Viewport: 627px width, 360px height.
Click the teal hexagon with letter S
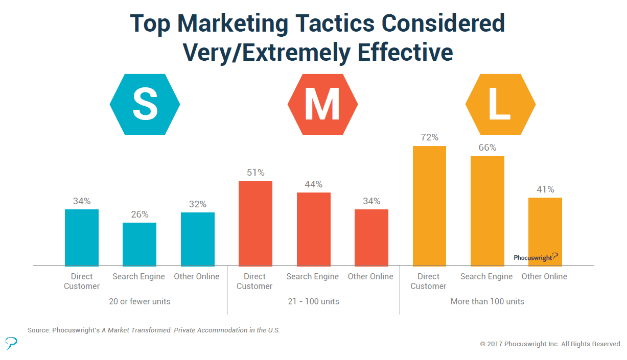(x=145, y=104)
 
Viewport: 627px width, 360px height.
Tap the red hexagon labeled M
(x=322, y=104)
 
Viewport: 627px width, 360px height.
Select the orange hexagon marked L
(x=500, y=104)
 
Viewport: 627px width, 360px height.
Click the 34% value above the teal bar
(x=82, y=201)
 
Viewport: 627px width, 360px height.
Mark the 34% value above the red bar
(x=371, y=201)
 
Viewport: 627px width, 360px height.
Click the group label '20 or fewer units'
(x=140, y=301)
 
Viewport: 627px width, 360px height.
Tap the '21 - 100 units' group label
(x=313, y=301)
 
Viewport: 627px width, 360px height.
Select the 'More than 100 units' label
(x=487, y=301)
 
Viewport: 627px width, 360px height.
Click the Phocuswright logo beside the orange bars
(x=536, y=257)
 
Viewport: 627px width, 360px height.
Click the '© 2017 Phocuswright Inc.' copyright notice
(x=550, y=344)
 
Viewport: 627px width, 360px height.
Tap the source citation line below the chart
(x=154, y=330)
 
